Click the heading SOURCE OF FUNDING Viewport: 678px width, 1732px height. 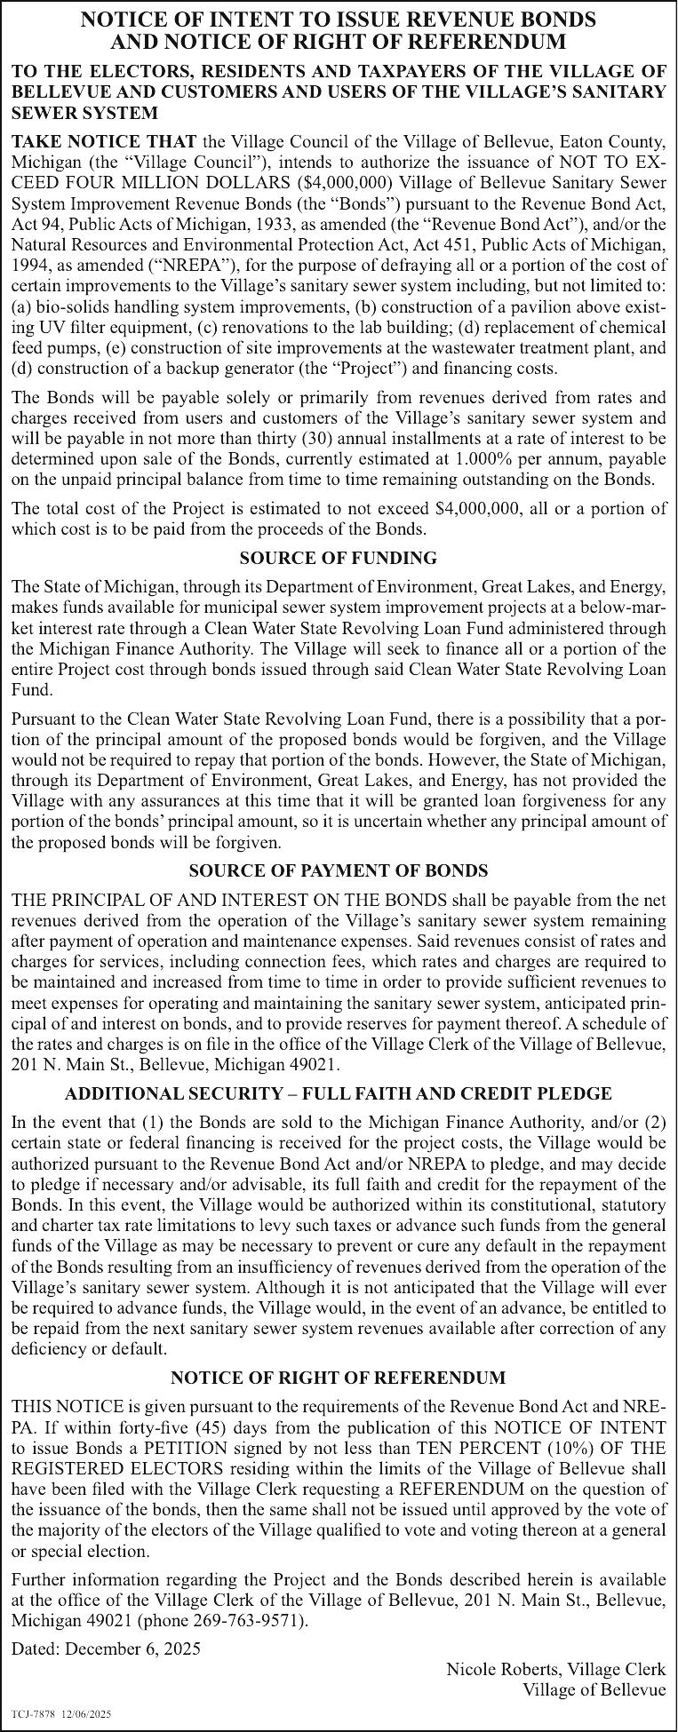(x=338, y=559)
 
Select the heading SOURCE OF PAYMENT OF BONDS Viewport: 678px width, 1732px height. (x=338, y=870)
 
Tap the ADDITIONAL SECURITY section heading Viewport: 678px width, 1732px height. (x=338, y=1093)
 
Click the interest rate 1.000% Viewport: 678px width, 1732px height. (x=481, y=459)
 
